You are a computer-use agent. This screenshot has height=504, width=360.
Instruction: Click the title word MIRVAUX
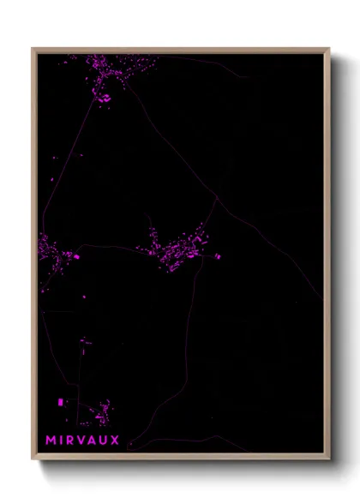pos(83,441)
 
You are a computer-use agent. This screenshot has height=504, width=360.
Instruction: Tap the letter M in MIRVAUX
pos(51,441)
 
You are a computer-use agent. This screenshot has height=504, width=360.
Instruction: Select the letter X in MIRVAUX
pos(115,441)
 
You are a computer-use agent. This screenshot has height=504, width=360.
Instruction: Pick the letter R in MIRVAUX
pos(71,441)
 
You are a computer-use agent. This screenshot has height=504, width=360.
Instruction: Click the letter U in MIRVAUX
pos(104,441)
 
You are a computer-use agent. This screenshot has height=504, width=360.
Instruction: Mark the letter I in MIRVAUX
pos(62,441)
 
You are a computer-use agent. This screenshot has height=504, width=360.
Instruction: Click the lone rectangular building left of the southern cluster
pos(60,401)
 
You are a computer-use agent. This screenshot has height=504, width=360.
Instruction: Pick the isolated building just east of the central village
pos(218,255)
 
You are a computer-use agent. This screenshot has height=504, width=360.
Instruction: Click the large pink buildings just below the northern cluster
pos(105,98)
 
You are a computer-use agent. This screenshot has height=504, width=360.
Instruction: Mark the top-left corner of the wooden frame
pos(33,49)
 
